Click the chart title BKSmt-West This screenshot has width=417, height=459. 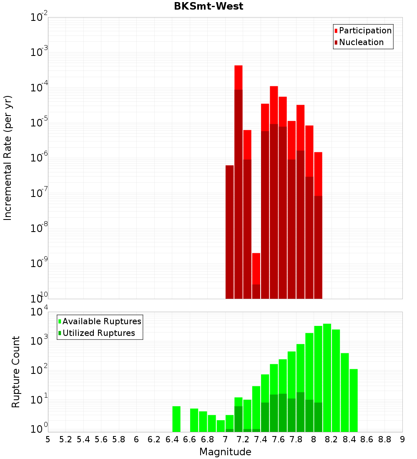208,7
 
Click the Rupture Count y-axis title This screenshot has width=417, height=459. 16,372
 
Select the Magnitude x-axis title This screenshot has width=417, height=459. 225,452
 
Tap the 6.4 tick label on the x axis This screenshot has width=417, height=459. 172,439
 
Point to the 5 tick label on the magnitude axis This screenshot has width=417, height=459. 48,439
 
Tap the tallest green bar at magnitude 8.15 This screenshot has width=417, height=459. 327,376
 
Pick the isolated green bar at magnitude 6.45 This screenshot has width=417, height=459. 176,419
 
